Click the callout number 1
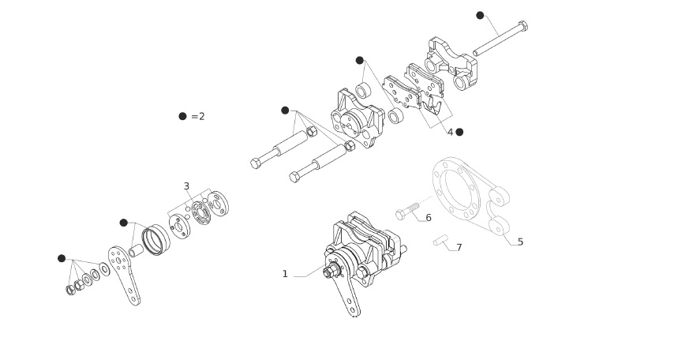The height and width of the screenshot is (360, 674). tap(285, 274)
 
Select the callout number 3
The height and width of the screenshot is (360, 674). tap(186, 186)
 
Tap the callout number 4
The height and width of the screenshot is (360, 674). tap(450, 132)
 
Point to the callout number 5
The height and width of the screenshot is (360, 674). tap(521, 242)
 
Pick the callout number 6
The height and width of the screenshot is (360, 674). tap(429, 218)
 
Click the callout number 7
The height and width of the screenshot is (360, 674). tap(459, 248)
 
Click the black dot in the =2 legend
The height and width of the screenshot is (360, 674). tap(182, 116)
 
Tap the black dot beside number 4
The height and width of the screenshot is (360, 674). tap(459, 132)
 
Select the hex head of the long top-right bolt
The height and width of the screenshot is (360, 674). tap(522, 25)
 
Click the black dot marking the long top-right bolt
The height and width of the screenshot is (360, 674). tap(480, 16)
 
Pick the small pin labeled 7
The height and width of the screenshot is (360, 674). tap(440, 240)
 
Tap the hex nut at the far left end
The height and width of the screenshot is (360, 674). tap(71, 290)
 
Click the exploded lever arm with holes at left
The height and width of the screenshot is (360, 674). tap(124, 276)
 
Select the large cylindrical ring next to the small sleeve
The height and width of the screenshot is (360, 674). tap(156, 239)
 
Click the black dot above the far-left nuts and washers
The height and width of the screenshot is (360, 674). tap(62, 258)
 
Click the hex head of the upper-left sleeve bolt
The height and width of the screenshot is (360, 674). tap(256, 163)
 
